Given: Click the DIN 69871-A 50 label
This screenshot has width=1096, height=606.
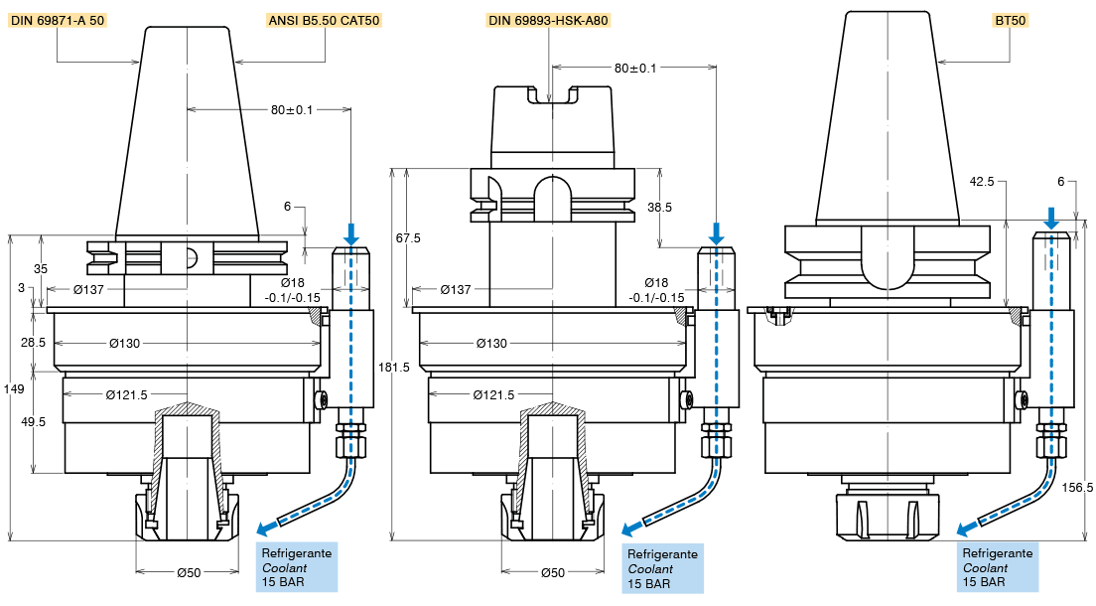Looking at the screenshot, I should (58, 20).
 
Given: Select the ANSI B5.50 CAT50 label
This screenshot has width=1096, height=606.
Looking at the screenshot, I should (325, 20).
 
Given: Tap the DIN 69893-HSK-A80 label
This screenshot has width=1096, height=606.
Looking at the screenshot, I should (548, 20).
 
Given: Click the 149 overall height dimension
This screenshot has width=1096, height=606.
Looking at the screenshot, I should (14, 389).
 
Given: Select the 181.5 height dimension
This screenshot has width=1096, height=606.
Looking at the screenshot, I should (394, 367).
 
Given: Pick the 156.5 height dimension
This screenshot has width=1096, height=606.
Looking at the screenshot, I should (1077, 487).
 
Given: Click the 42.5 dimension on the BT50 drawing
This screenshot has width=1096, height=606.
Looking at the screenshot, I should (983, 182).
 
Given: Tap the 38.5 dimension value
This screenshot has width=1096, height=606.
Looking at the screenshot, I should (659, 208).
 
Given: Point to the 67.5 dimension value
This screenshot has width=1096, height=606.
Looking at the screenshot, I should (408, 238).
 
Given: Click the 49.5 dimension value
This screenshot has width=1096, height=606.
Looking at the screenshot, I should (34, 422).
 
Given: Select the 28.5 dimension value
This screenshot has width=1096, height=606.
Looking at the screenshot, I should (34, 343).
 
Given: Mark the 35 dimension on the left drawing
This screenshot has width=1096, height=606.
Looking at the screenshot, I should (41, 268).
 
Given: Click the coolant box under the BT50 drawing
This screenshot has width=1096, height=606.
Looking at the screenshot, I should (998, 567).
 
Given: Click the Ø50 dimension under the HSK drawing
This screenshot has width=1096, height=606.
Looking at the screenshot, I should (553, 572).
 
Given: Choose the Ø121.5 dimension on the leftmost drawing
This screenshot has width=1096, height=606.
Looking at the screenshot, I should (128, 394).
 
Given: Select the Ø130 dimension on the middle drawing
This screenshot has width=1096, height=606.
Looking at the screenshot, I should (492, 343).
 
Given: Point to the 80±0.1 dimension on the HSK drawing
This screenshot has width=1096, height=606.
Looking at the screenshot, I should (636, 68).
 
